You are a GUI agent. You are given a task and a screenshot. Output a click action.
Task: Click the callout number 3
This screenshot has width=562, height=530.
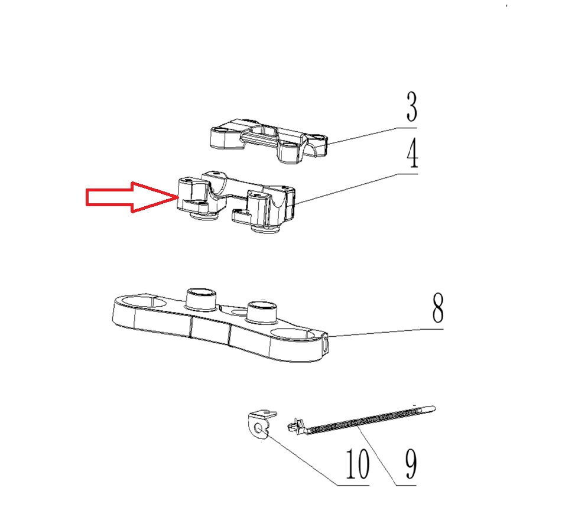[412, 106]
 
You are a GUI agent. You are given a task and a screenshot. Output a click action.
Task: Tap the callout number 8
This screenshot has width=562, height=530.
[438, 308]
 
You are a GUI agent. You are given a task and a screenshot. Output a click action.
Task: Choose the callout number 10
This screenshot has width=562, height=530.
[358, 464]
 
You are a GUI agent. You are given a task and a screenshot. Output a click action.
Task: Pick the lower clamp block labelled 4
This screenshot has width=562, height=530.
[236, 201]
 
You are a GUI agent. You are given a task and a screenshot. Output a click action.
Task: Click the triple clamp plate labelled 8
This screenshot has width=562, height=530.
[220, 324]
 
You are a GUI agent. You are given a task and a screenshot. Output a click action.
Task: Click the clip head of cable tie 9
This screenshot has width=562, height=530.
[295, 425]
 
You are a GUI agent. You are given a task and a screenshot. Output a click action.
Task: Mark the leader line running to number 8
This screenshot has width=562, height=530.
[386, 333]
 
